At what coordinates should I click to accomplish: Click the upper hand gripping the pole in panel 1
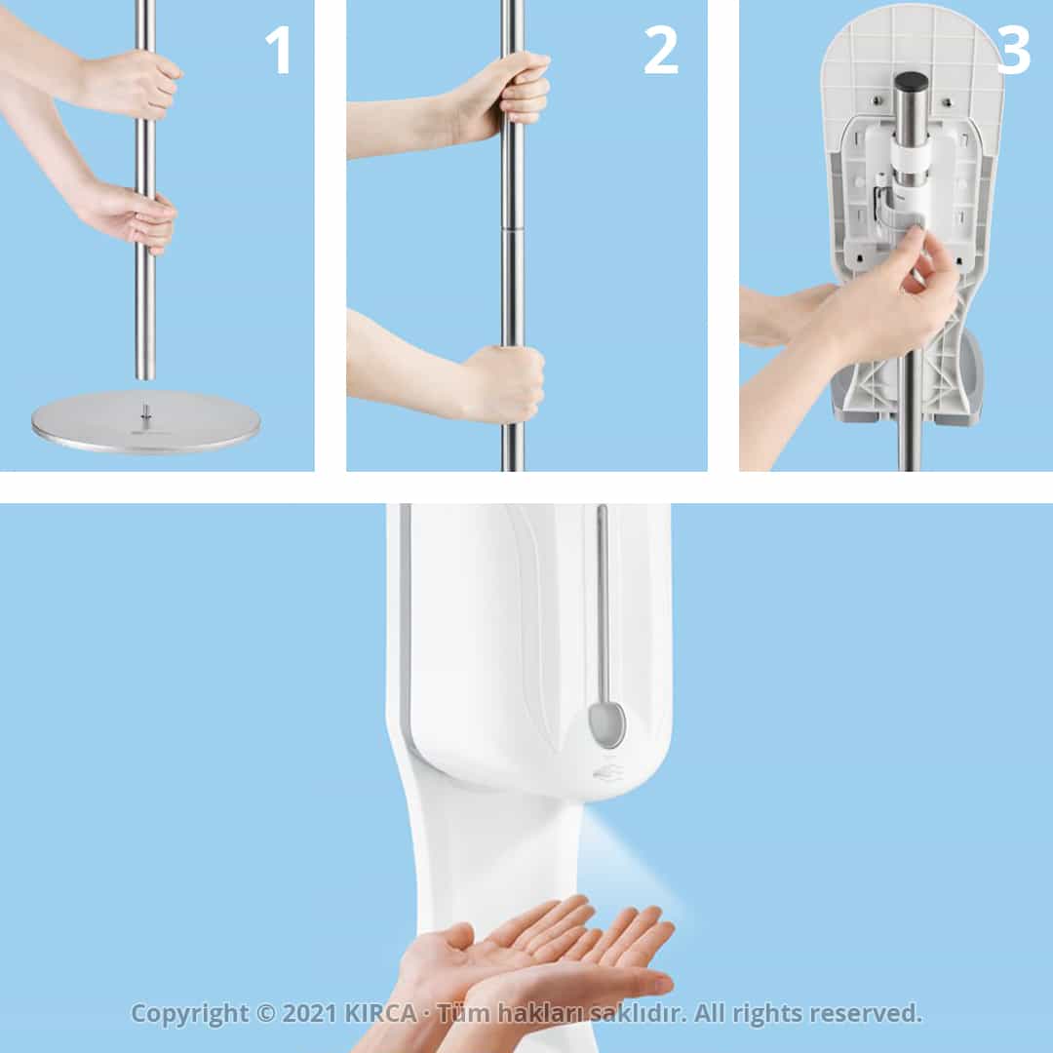click(x=136, y=83)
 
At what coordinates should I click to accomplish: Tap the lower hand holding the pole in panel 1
click(x=132, y=214)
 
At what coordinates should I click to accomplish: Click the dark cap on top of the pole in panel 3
click(x=912, y=83)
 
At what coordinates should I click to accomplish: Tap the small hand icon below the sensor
click(x=606, y=773)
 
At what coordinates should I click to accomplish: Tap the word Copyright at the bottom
click(x=190, y=1014)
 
